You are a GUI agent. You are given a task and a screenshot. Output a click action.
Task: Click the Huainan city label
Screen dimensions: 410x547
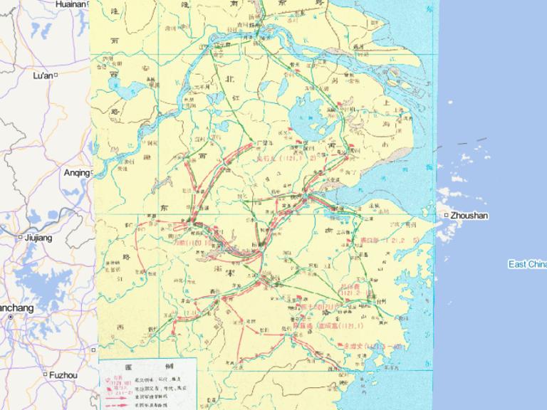[71, 4]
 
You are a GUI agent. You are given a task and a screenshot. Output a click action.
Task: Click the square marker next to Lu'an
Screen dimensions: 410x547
[56, 75]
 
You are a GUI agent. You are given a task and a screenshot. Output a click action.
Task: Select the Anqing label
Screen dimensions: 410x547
[76, 172]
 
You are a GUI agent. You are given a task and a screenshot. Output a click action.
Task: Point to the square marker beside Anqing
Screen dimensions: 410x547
[92, 172]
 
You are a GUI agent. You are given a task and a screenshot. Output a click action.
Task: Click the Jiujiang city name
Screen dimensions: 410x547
[38, 238]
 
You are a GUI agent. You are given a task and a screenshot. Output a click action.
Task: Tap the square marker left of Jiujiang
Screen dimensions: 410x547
[20, 238]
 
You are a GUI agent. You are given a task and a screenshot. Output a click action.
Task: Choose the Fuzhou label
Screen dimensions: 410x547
[63, 374]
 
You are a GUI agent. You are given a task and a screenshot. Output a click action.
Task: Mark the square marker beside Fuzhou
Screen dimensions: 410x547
[45, 374]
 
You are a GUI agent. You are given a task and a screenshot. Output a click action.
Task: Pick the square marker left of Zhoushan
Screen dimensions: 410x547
[447, 215]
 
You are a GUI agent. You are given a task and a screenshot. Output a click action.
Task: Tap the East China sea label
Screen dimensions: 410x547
[527, 264]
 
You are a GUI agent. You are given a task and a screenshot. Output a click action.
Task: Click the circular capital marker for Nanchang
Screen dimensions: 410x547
[11, 317]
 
